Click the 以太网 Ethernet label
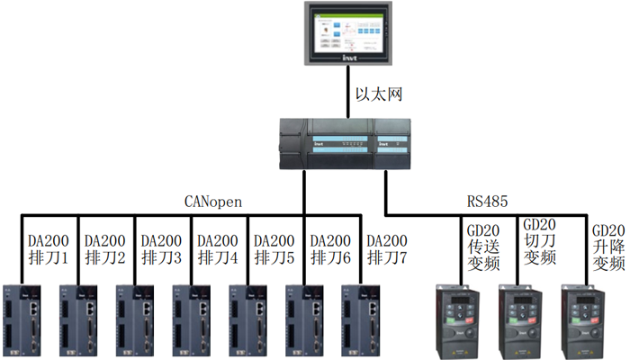coord(376,94)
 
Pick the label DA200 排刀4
coord(218,249)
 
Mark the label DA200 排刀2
coord(104,249)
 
